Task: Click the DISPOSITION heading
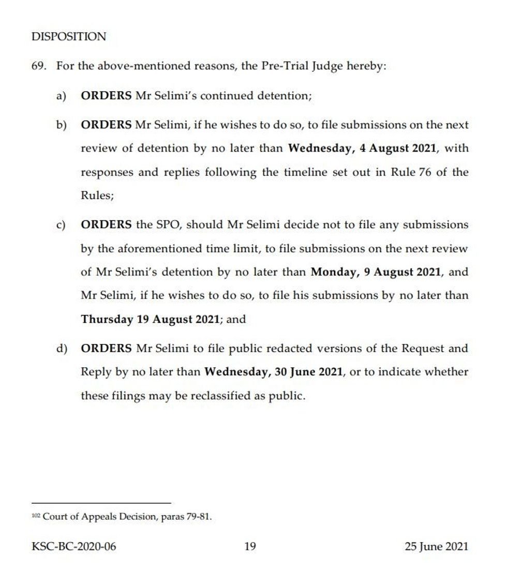click(69, 37)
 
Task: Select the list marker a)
click(62, 96)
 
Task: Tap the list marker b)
click(62, 125)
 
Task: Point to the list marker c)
click(62, 225)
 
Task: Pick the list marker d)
click(62, 349)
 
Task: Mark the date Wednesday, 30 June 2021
click(274, 372)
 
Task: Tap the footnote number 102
click(36, 516)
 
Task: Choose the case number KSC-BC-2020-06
click(74, 546)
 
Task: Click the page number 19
click(250, 546)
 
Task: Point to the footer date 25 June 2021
click(436, 546)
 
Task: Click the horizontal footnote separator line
click(101, 503)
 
